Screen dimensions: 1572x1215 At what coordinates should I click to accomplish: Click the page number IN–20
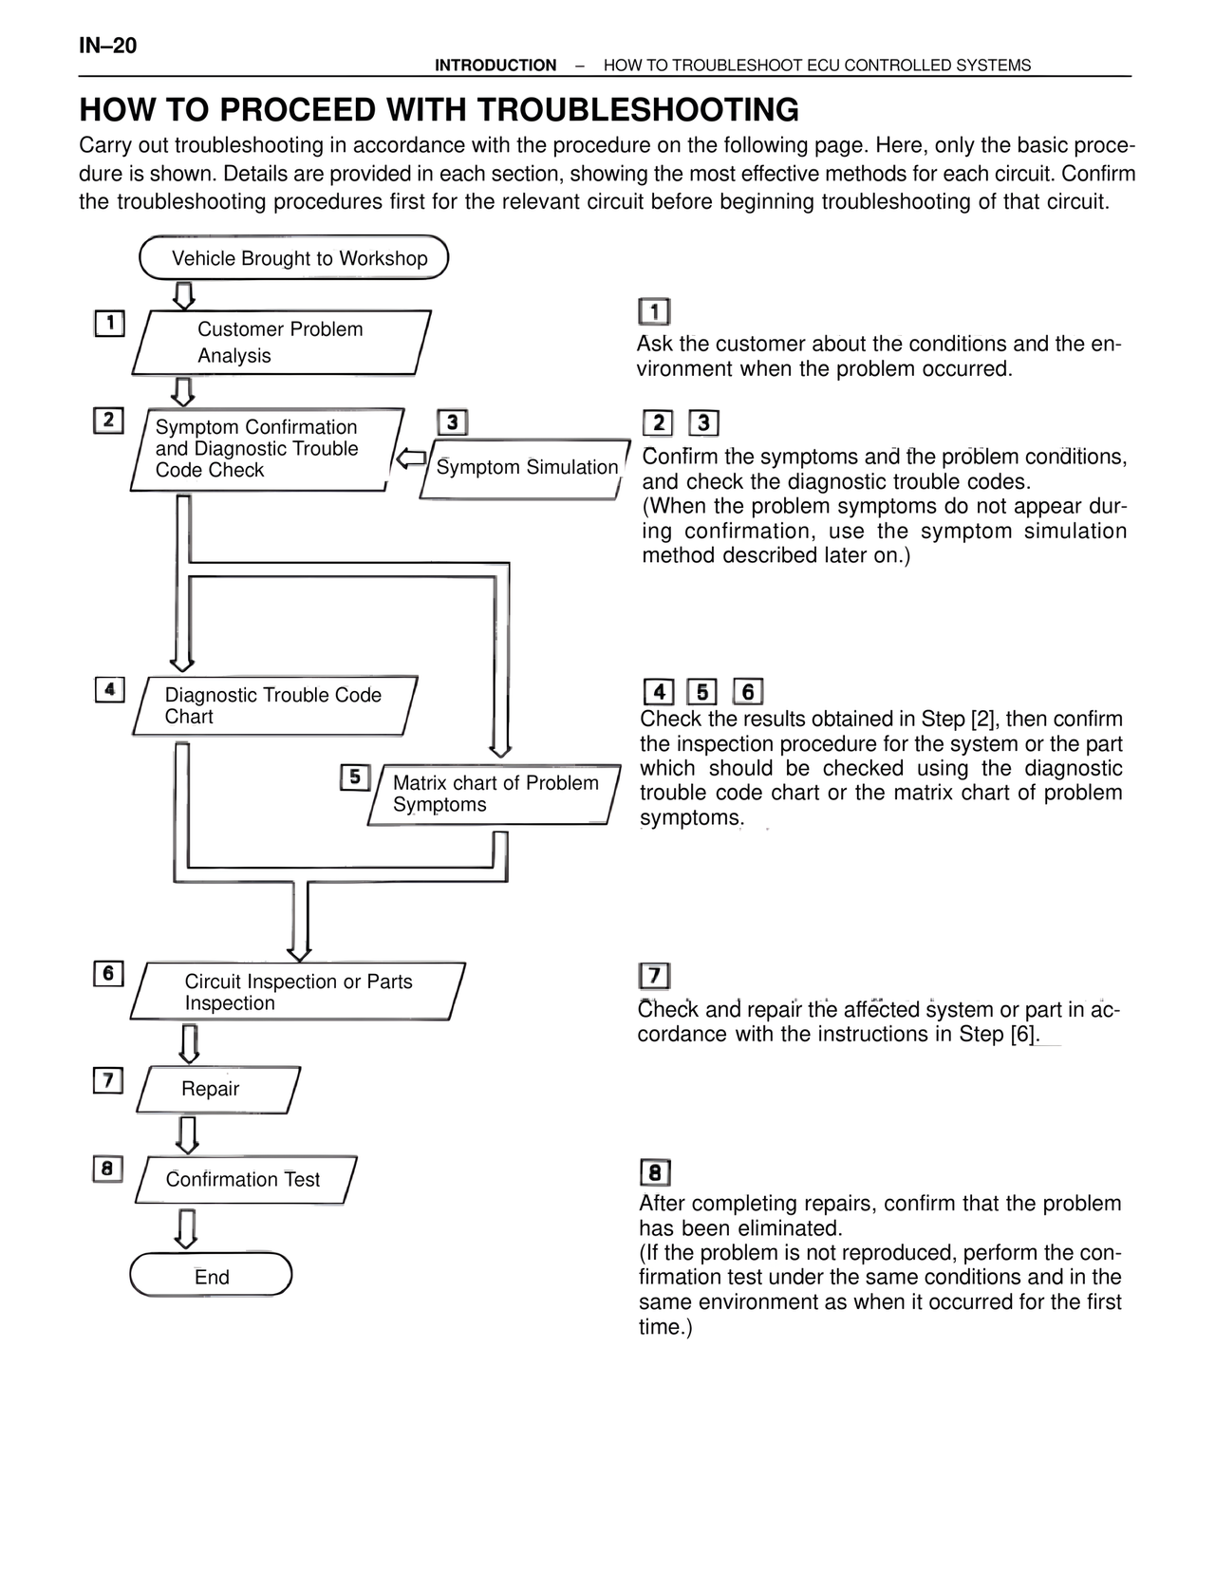click(107, 46)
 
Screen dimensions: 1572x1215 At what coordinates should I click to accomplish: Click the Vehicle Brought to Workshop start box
click(294, 258)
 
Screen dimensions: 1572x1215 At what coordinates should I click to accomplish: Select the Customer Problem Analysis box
click(281, 343)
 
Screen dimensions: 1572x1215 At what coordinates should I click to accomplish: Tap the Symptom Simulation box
click(525, 468)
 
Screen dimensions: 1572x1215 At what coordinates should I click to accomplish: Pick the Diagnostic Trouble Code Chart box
click(274, 706)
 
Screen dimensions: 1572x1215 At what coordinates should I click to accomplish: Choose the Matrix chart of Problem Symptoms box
click(495, 795)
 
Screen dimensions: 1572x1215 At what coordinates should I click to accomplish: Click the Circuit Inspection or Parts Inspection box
click(297, 992)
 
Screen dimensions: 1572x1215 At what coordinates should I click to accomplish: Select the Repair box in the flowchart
click(218, 1089)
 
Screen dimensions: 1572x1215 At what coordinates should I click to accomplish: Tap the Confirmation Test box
click(246, 1180)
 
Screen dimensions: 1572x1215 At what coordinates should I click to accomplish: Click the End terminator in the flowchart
click(211, 1276)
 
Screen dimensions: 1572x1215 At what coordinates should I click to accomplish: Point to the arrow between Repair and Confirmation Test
click(188, 1134)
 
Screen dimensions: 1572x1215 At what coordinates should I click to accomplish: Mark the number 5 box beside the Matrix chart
click(354, 777)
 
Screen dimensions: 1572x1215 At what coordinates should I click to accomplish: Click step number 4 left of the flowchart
click(110, 690)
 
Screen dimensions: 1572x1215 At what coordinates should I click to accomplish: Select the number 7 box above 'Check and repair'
click(655, 976)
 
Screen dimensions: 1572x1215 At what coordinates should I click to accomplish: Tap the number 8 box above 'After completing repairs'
click(655, 1173)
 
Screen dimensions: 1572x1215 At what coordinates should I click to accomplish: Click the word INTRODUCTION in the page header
click(495, 65)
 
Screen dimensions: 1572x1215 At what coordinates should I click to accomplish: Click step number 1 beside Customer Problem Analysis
click(109, 323)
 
